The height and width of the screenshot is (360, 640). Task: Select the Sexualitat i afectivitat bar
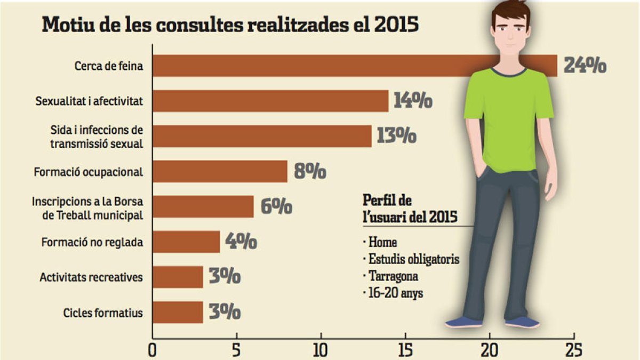point(270,101)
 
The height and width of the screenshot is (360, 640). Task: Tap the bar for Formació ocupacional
point(220,172)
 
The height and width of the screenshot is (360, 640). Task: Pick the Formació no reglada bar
point(186,242)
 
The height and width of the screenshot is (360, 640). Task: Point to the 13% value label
point(396,136)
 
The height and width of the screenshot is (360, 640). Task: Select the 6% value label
point(276,206)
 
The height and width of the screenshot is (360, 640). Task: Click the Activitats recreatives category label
point(91,277)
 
